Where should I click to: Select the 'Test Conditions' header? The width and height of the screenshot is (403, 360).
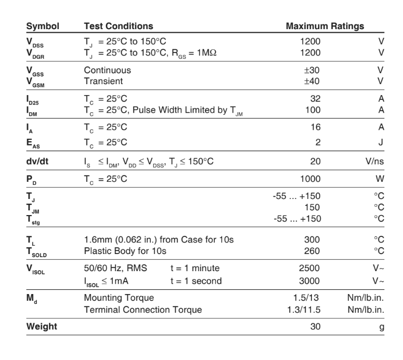(119, 25)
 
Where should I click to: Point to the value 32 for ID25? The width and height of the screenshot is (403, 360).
(315, 98)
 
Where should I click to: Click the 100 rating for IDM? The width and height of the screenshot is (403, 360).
(313, 109)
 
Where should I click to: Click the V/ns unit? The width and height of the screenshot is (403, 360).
(373, 161)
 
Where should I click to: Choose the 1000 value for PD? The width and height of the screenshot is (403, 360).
(311, 179)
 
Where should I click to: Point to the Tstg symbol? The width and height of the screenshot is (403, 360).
(34, 218)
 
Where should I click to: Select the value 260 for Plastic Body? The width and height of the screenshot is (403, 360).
(313, 251)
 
